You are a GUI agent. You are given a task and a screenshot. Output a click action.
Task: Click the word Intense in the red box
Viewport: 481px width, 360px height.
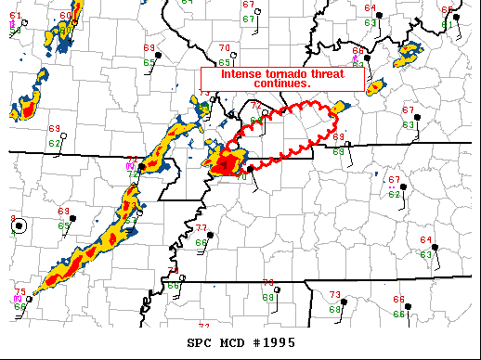(239, 74)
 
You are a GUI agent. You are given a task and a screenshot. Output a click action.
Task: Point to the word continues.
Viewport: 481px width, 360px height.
(281, 84)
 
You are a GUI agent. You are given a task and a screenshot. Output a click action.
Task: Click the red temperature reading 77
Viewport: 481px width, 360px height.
(201, 228)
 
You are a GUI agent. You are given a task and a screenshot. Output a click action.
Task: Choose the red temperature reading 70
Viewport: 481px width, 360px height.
(224, 48)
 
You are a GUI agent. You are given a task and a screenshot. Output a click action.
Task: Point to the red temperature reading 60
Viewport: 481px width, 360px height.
(64, 17)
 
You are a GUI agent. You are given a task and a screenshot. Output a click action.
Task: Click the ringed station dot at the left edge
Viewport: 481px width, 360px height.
(19, 225)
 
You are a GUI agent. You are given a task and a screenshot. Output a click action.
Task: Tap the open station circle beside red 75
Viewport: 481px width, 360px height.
(29, 300)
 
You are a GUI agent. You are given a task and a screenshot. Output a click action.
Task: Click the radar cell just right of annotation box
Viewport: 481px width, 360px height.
(375, 87)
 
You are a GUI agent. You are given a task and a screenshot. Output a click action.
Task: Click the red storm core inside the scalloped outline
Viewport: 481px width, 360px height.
(224, 164)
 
